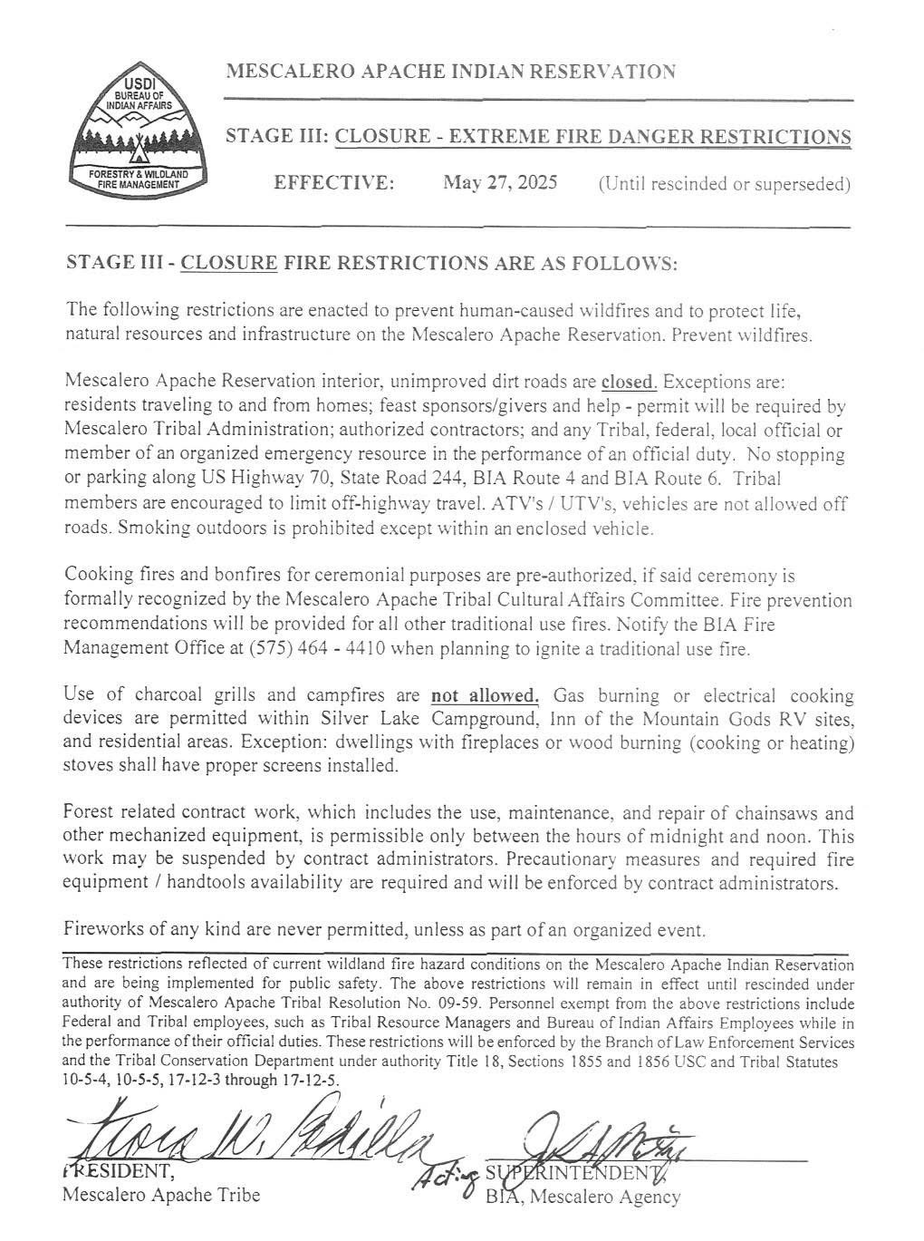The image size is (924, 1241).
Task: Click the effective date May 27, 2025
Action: [x=500, y=182]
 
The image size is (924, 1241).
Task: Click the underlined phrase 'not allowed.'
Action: [x=485, y=696]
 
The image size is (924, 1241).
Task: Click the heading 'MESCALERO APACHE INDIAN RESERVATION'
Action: [x=450, y=72]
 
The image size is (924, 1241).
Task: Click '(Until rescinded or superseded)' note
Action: [x=724, y=184]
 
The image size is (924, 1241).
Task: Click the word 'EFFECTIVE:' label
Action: [x=334, y=183]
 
